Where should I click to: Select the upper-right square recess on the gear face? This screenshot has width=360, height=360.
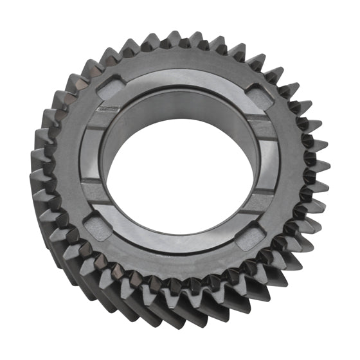click(x=260, y=94)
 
